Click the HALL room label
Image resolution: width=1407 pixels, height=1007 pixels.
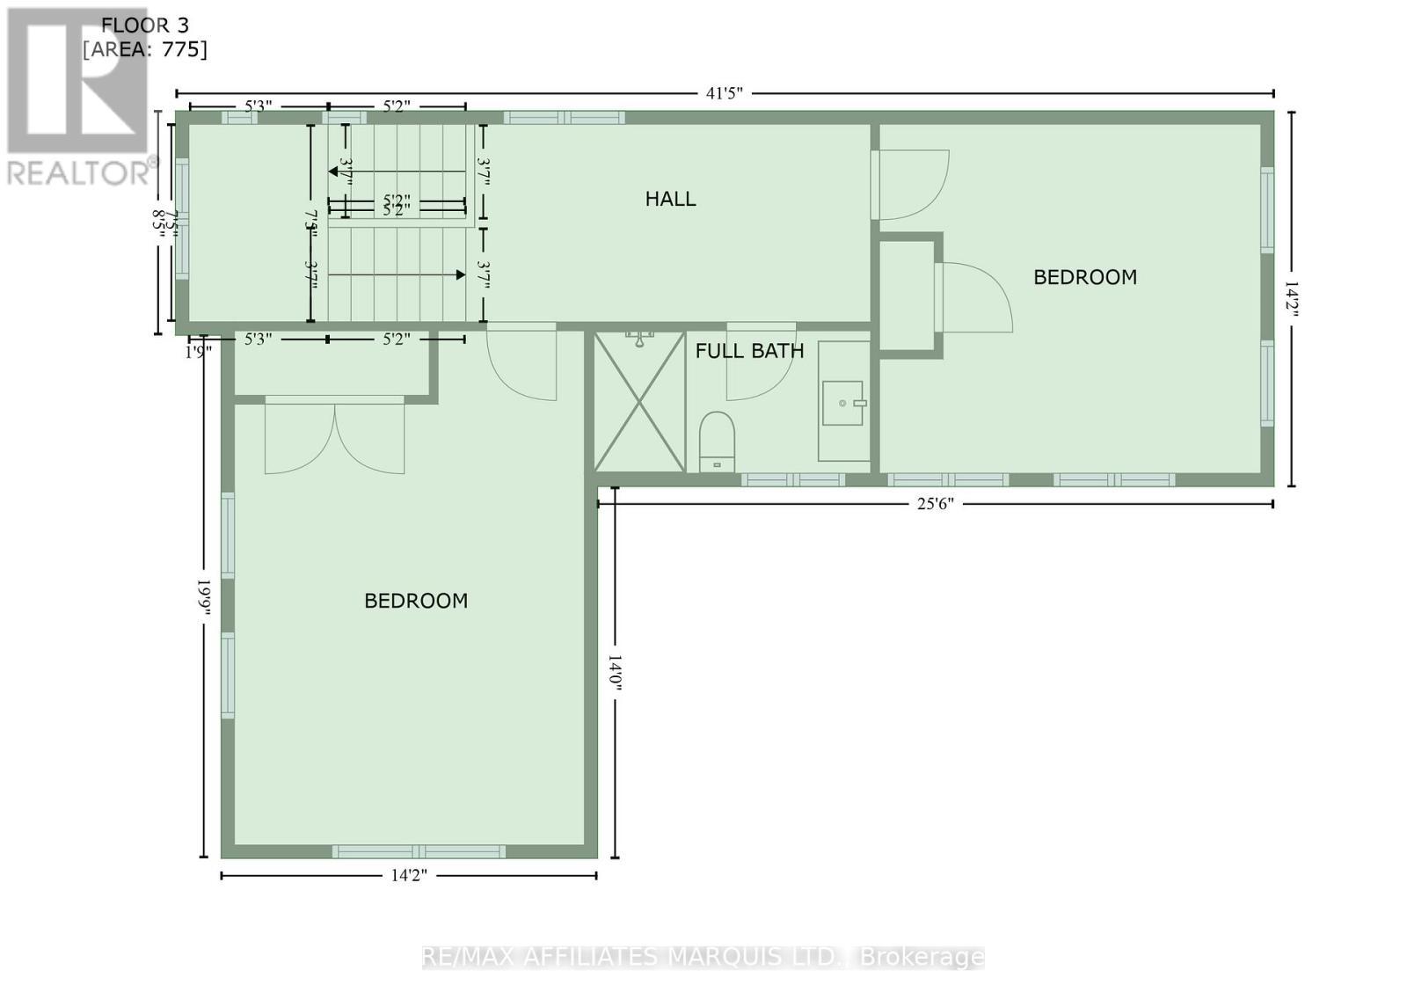[670, 199]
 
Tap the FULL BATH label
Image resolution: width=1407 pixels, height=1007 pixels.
[749, 351]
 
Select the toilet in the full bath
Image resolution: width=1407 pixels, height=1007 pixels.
[717, 440]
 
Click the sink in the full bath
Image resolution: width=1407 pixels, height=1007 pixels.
[843, 403]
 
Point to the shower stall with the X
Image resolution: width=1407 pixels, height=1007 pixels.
[639, 401]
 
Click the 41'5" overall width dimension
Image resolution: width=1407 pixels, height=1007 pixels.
[725, 93]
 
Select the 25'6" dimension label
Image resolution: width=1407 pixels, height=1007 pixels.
[935, 504]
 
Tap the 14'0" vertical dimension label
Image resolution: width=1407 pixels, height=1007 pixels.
[615, 672]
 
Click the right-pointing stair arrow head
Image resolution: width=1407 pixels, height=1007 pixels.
[460, 275]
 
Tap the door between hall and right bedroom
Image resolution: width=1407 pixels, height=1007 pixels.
[910, 185]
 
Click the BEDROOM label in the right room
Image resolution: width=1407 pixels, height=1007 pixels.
[1084, 277]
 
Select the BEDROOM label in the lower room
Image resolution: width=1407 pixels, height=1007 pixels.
[416, 601]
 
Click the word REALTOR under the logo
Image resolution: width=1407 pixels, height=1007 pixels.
[79, 172]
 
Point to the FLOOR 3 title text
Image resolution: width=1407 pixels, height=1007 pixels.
[145, 26]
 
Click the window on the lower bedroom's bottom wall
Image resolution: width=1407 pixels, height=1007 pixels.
[419, 850]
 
